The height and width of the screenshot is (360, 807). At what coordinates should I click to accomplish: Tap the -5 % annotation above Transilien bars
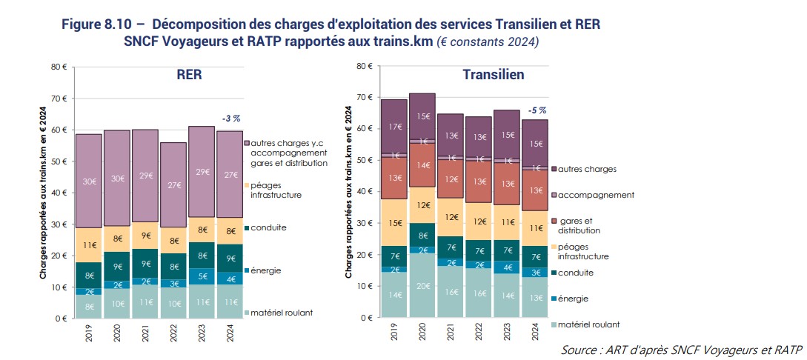tap(537, 110)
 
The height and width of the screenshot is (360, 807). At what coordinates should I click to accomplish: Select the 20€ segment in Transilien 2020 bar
tap(422, 287)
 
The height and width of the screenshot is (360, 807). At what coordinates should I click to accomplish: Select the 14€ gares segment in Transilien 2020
tap(422, 166)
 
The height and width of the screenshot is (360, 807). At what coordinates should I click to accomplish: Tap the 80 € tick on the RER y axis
tap(59, 67)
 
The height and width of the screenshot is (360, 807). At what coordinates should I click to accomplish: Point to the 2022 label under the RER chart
tap(174, 338)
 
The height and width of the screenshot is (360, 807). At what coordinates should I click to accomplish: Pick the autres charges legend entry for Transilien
tap(589, 169)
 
